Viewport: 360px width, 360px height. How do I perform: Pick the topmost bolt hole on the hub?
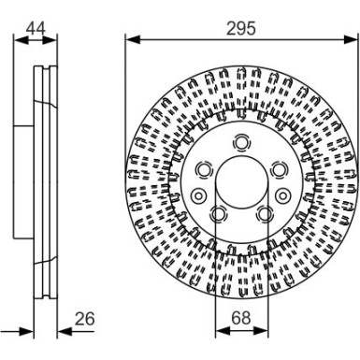pyautogui.click(x=241, y=141)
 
